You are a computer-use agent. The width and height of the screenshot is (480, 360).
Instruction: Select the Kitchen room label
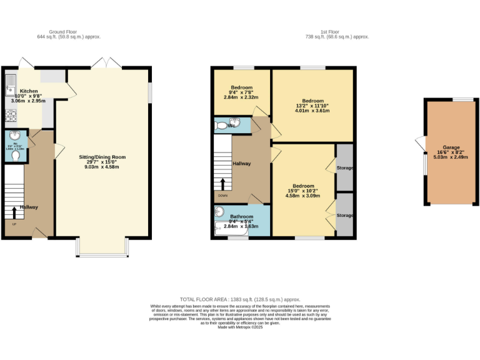pyautogui.click(x=29, y=91)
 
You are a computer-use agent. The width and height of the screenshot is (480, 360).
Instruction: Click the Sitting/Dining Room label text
pyautogui.click(x=102, y=157)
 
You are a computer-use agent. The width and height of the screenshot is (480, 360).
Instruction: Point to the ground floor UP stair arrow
pyautogui.click(x=15, y=212)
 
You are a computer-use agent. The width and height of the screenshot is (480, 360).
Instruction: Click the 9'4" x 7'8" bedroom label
pyautogui.click(x=241, y=87)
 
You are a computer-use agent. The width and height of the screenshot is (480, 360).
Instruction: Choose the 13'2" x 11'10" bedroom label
pyautogui.click(x=312, y=101)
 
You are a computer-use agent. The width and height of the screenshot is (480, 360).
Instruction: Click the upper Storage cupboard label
pyautogui.click(x=344, y=169)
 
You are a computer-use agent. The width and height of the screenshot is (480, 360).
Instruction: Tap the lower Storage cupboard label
pyautogui.click(x=344, y=216)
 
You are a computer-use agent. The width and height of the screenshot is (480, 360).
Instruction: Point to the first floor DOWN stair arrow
pyautogui.click(x=222, y=184)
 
